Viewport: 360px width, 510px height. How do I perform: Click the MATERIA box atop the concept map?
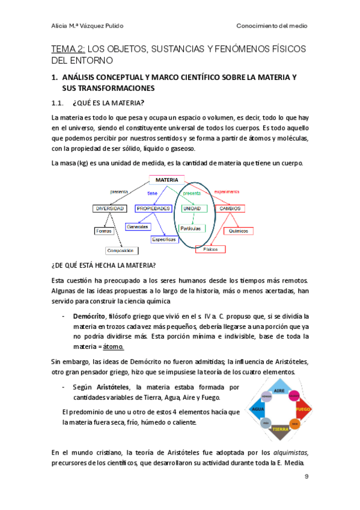[166, 180]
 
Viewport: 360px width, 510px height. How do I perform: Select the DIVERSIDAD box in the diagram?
[109, 208]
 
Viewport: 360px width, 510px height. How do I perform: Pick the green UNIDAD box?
[192, 208]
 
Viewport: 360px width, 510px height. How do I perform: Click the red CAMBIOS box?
[230, 208]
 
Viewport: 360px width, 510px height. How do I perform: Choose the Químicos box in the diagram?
[239, 230]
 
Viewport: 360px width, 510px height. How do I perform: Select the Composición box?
[120, 250]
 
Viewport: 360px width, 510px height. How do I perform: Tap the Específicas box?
[164, 239]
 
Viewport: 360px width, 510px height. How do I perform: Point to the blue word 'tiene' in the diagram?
[152, 193]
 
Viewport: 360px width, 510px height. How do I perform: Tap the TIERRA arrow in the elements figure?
[280, 429]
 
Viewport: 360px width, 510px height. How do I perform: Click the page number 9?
[307, 476]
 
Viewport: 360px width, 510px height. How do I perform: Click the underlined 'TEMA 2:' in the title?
[69, 49]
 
